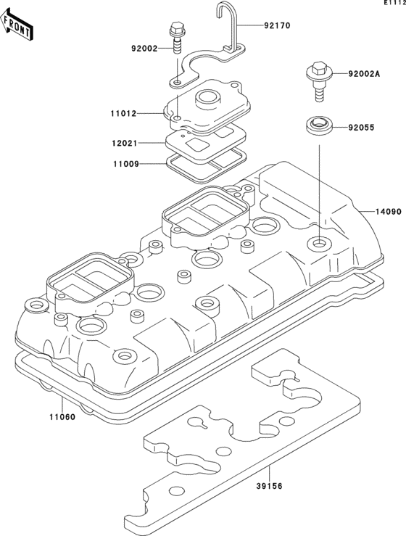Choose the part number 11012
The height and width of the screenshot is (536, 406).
point(125,113)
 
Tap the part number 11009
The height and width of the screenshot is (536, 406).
point(125,165)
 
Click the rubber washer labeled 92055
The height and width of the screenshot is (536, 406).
point(318,126)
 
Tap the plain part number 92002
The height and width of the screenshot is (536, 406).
point(145,49)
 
